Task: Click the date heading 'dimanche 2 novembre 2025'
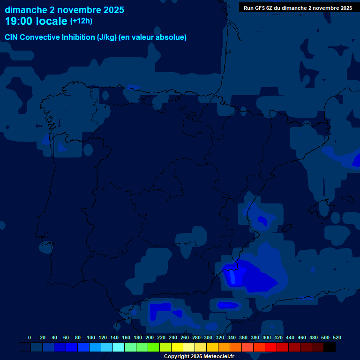(x=64, y=10)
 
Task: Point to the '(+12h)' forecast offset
(x=81, y=21)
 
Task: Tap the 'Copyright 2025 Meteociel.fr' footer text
(x=199, y=356)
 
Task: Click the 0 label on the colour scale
(x=30, y=337)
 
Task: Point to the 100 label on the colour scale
(x=91, y=337)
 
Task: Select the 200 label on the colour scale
(x=150, y=337)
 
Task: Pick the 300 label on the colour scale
(x=208, y=337)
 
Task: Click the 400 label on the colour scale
(x=267, y=337)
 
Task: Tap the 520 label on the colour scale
(x=337, y=337)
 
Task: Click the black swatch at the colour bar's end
(x=330, y=347)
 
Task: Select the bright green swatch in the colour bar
(x=154, y=347)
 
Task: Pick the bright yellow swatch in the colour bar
(x=177, y=347)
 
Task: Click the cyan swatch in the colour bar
(x=119, y=347)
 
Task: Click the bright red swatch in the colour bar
(x=271, y=347)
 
